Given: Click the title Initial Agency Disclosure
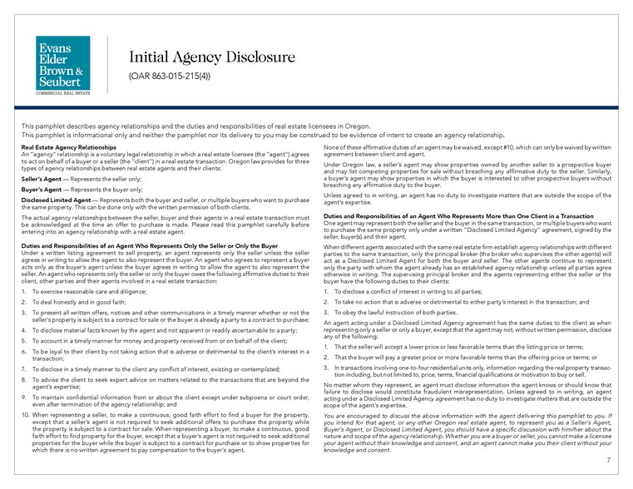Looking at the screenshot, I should (211, 57).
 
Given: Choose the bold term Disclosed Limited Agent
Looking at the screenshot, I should (54, 200).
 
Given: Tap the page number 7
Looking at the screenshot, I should (608, 459).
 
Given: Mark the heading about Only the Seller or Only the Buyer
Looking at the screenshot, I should (149, 246).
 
